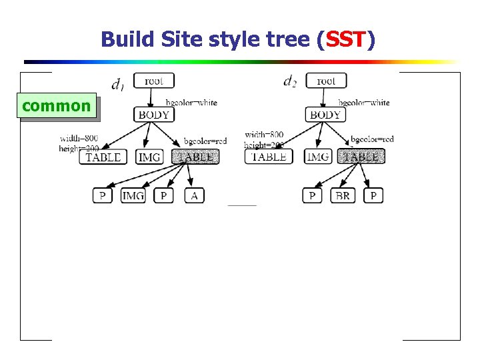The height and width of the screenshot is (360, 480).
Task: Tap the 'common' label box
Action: pos(57,106)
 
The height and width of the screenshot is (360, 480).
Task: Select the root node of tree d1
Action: pos(153,81)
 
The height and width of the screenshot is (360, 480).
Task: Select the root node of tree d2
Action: pos(326,81)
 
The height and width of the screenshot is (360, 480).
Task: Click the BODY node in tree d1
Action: pos(153,114)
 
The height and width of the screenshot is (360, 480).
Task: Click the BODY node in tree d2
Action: pos(326,114)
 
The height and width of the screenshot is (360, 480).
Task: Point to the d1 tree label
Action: pos(117,83)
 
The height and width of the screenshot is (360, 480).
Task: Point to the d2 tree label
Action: pos(290,81)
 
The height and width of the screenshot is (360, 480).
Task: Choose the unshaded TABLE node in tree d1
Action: pos(103,157)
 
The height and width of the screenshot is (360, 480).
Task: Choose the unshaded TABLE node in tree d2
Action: pos(269,157)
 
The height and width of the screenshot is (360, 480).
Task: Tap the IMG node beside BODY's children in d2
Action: pos(318,157)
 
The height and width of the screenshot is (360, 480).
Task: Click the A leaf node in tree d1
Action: pos(194,195)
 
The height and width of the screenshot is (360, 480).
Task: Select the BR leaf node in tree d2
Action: pos(343,195)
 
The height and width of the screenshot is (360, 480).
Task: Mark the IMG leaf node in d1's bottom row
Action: pos(133,195)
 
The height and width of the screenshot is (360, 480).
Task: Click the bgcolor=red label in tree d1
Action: pos(205,141)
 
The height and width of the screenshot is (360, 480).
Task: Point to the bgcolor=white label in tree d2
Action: pos(364,103)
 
